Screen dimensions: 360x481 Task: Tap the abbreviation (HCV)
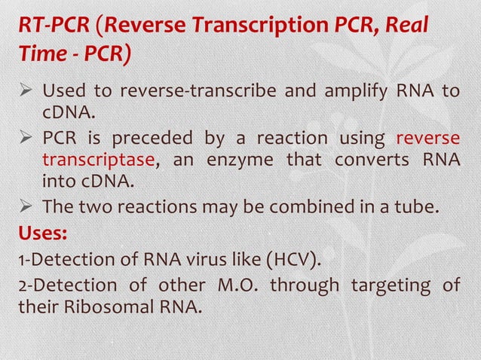pos(289,261)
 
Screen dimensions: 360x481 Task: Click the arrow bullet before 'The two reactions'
pos(27,206)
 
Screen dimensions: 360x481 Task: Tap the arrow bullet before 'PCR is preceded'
pos(27,139)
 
